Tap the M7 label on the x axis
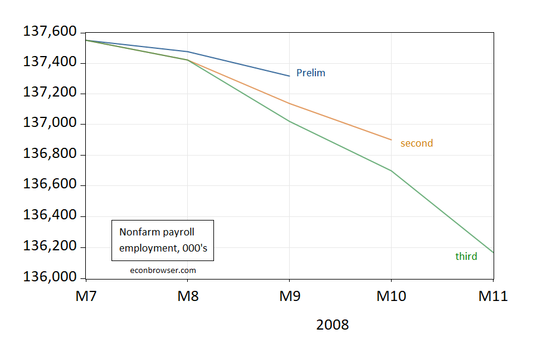click(86, 296)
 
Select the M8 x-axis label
click(188, 296)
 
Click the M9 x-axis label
click(290, 296)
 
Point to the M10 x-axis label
click(392, 296)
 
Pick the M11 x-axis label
click(493, 296)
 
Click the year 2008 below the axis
click(333, 325)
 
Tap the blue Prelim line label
click(311, 73)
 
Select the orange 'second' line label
click(417, 144)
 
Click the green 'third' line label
click(466, 257)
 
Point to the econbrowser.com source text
click(163, 270)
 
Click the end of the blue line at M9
click(290, 76)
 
